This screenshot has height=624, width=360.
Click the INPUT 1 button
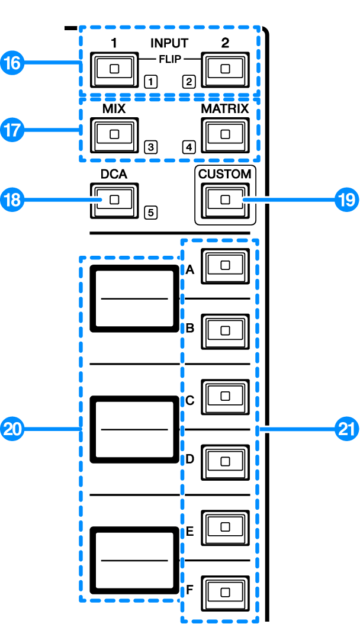[114, 69]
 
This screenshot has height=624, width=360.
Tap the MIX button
[114, 135]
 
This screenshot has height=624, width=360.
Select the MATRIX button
[224, 135]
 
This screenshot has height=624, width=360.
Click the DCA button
[114, 200]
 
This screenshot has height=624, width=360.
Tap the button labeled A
[224, 265]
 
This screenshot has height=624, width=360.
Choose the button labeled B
[224, 330]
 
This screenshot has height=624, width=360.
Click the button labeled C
[224, 396]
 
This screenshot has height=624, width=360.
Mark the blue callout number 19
[345, 200]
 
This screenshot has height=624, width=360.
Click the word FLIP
[169, 60]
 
